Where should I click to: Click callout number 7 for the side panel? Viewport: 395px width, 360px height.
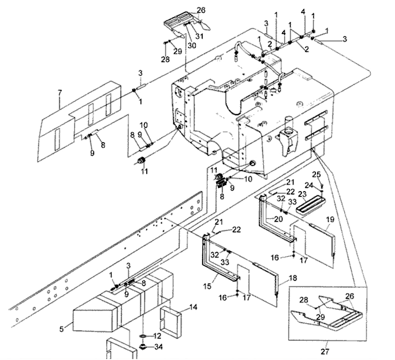click(60, 93)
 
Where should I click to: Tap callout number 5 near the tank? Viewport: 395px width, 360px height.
click(61, 329)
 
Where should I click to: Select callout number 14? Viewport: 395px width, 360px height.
click(193, 307)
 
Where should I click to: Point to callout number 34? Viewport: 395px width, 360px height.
click(158, 347)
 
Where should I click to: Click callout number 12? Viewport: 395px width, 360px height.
click(157, 336)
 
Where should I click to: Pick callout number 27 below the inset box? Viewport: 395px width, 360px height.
click(325, 351)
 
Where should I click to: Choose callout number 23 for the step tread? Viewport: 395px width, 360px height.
click(302, 194)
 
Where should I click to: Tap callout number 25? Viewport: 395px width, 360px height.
click(317, 174)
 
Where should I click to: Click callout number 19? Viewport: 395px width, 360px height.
click(330, 219)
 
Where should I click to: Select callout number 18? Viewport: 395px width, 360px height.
click(293, 278)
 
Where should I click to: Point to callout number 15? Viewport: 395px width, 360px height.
click(207, 286)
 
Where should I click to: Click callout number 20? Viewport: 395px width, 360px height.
click(278, 219)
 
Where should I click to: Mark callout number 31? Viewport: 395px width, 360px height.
click(199, 36)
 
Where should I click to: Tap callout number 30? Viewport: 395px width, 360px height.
click(191, 45)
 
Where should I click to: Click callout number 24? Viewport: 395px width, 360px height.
click(309, 186)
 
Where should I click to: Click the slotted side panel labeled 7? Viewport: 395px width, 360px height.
click(79, 121)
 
